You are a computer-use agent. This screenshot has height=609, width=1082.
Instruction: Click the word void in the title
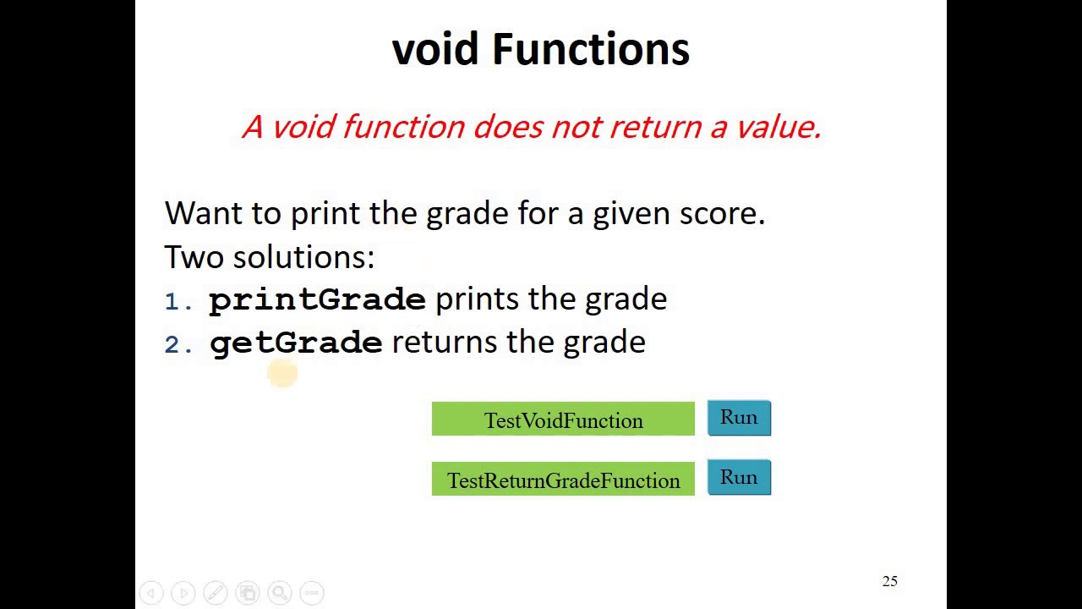[436, 49]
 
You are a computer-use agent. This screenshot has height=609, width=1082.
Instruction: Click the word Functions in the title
[591, 49]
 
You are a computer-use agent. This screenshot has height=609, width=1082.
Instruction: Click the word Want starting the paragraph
[203, 213]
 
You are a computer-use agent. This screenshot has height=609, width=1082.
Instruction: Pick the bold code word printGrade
[317, 300]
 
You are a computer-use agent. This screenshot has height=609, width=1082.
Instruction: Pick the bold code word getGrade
[296, 343]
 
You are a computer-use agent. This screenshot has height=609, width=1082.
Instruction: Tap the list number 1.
[173, 302]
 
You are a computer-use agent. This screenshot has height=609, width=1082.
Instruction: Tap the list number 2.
[173, 345]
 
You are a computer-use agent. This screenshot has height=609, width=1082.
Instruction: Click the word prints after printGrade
[477, 299]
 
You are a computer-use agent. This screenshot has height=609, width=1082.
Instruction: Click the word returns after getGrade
[445, 343]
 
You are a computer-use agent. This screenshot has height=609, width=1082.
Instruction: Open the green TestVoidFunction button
[563, 420]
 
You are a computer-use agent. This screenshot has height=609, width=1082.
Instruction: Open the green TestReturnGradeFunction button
[563, 480]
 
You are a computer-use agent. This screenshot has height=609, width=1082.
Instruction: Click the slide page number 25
[889, 581]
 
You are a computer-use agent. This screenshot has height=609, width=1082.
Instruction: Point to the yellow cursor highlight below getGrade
[282, 373]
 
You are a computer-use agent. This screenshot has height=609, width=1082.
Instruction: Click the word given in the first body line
[631, 214]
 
